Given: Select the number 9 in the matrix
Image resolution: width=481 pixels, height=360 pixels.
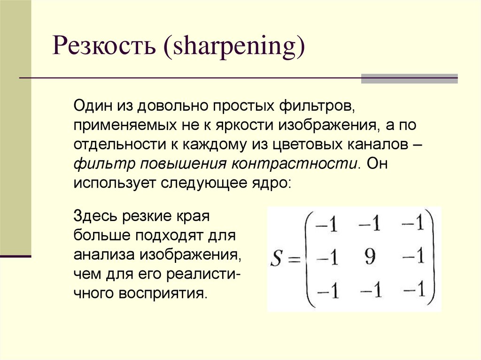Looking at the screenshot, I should tap(370, 257).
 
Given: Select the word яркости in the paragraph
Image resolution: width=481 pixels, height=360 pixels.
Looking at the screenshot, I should tap(245, 125).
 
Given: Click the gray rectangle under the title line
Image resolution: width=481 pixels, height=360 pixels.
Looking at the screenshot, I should tap(409, 79).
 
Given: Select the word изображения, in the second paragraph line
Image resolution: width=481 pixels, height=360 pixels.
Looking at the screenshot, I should tap(332, 125).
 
